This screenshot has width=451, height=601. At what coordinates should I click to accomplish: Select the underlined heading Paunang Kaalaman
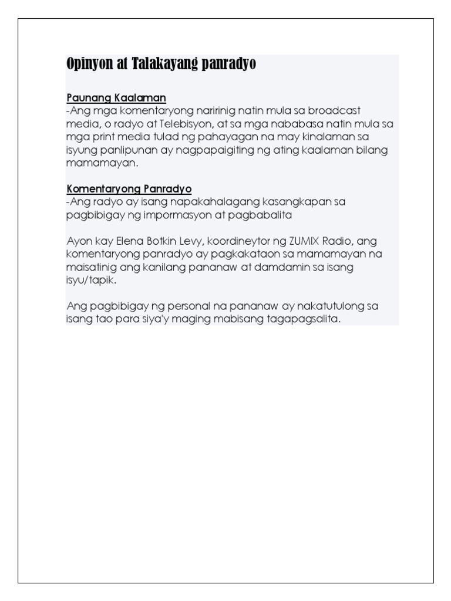116,97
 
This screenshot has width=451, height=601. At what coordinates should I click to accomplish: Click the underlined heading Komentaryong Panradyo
129,188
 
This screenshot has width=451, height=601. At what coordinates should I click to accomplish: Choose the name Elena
131,241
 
